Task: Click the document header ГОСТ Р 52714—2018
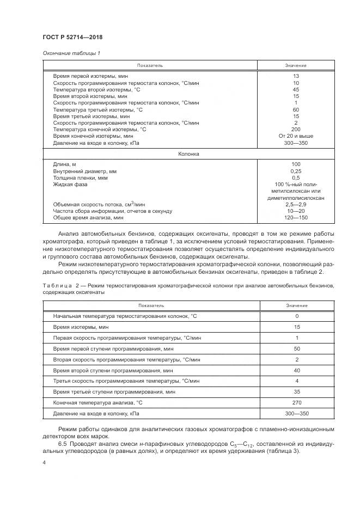click(72, 37)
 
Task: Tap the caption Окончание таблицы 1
click(71, 53)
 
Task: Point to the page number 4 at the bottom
click(44, 462)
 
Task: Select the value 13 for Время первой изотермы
click(296, 76)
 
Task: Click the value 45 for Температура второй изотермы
click(296, 89)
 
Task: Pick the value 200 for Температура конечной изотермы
click(296, 130)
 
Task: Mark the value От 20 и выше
click(296, 136)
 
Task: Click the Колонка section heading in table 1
click(189, 154)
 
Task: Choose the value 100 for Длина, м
click(296, 164)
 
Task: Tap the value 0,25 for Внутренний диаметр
click(296, 171)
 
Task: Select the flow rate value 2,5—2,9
click(296, 204)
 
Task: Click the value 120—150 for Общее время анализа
click(296, 218)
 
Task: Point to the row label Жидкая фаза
click(68, 185)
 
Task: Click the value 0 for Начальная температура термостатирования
click(296, 316)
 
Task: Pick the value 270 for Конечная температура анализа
click(296, 403)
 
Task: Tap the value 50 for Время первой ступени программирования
click(296, 348)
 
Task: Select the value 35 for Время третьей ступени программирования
click(296, 392)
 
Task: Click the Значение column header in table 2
click(296, 305)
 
